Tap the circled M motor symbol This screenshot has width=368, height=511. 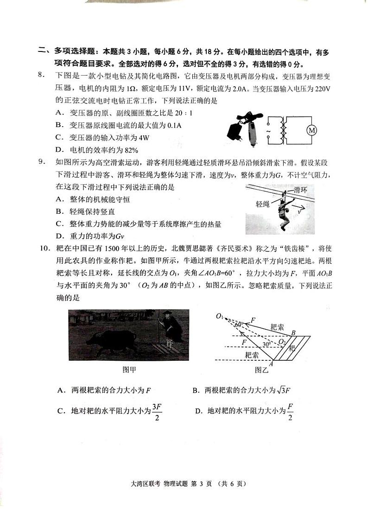(312, 131)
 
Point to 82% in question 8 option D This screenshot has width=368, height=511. (130, 149)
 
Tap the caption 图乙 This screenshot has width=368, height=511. (262, 369)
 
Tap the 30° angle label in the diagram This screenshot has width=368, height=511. (266, 344)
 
